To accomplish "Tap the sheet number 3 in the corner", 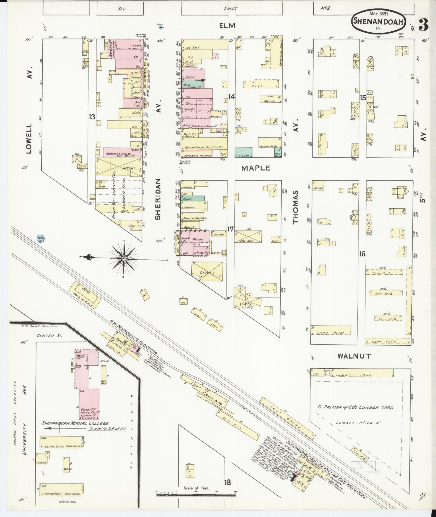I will [x=423, y=25].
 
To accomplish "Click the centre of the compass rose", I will [x=124, y=259].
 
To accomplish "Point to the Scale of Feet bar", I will [x=196, y=495].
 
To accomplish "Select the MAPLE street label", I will [x=256, y=168].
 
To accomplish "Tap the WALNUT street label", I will [x=354, y=356].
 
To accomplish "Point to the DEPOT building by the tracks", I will [x=85, y=295].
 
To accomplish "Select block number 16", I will [x=362, y=254].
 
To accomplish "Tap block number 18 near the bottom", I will [x=228, y=482].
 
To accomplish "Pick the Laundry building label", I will [x=218, y=235].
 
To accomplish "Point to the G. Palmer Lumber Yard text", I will [x=355, y=407].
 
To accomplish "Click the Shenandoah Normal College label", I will [x=75, y=431].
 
